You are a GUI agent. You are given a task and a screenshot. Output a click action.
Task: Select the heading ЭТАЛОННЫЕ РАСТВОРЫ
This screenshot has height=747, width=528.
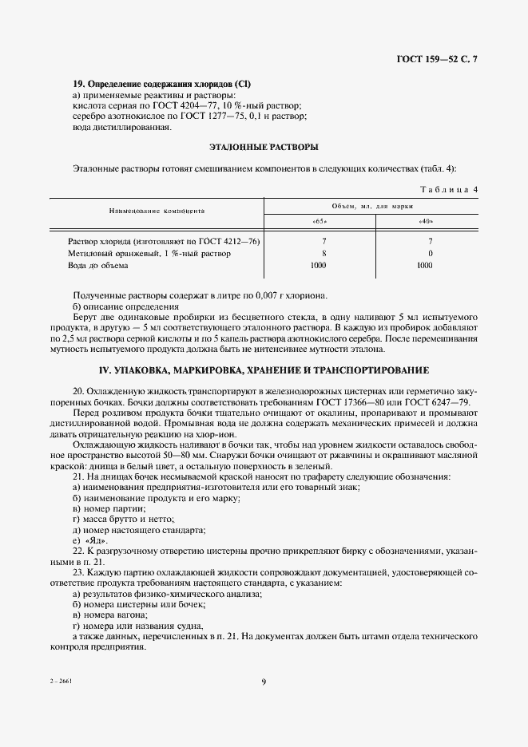point(264,147)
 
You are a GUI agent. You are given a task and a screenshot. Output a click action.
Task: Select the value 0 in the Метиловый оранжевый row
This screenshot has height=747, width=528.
point(431,253)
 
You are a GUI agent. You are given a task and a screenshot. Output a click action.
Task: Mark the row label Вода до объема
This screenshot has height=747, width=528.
point(97,265)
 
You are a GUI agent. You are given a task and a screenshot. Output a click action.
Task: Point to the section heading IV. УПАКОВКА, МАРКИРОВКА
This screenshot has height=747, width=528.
point(264,370)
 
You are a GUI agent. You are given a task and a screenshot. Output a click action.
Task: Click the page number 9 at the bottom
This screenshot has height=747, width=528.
point(264,681)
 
